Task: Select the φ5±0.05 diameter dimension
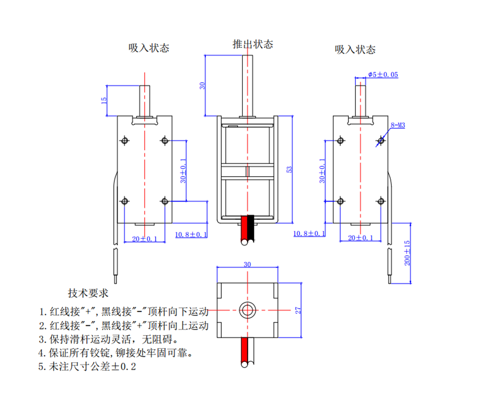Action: pyautogui.click(x=383, y=75)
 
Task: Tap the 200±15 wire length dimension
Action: pyautogui.click(x=407, y=253)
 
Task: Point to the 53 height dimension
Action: pyautogui.click(x=288, y=169)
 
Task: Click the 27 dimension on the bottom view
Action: pyautogui.click(x=298, y=310)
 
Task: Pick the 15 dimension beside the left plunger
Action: pyautogui.click(x=103, y=101)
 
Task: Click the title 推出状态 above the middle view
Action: pyautogui.click(x=252, y=44)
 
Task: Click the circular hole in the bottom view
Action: pyautogui.click(x=247, y=310)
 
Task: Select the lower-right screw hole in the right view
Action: pyautogui.click(x=380, y=201)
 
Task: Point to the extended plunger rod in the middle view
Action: pyautogui.click(x=248, y=86)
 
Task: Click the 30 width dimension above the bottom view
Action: pyautogui.click(x=247, y=265)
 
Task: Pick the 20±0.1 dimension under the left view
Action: pyautogui.click(x=145, y=238)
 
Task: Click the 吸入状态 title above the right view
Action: pyautogui.click(x=355, y=49)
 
